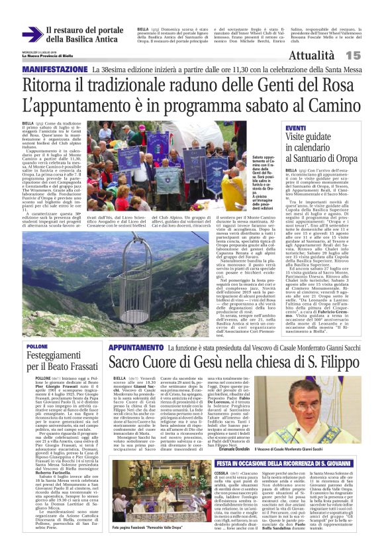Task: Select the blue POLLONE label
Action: click(x=37, y=347)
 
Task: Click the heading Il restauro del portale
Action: click(x=85, y=30)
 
